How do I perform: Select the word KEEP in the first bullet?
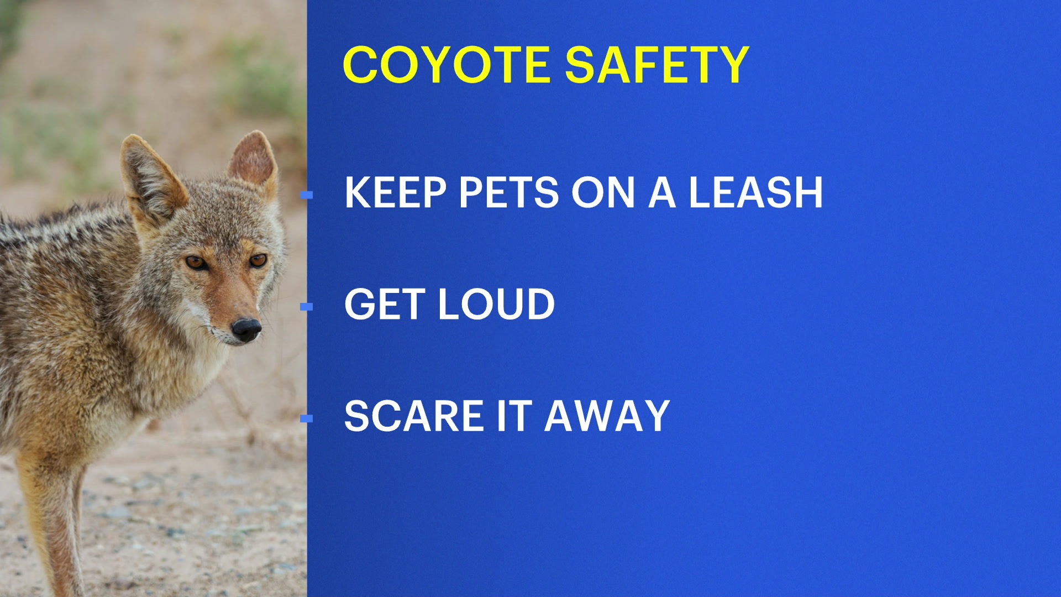click(395, 192)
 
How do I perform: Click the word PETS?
click(509, 192)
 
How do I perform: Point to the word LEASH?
click(755, 192)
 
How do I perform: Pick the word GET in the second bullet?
click(385, 304)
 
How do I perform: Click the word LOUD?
click(496, 304)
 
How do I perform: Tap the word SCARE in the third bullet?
click(414, 416)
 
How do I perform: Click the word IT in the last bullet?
click(514, 416)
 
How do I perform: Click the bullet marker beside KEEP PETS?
click(307, 195)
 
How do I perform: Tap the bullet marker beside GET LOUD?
click(307, 306)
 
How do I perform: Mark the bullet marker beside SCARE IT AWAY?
click(307, 418)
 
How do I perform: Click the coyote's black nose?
click(246, 328)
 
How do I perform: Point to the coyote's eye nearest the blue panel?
click(258, 260)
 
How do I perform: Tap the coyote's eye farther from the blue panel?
click(196, 262)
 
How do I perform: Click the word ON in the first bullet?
click(603, 192)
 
